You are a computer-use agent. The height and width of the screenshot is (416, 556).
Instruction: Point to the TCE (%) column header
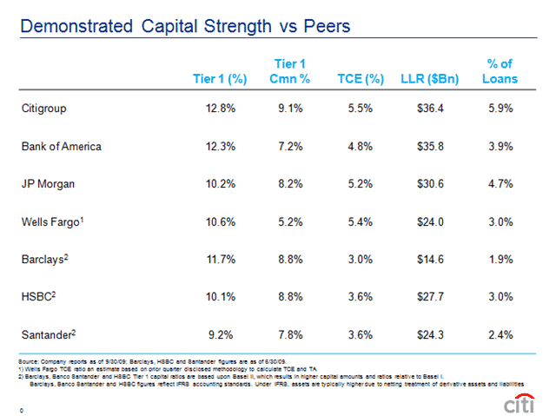pos(361,79)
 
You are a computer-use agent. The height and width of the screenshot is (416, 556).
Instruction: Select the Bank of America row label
pos(61,146)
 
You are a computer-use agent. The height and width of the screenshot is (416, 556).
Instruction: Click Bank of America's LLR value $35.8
pos(429,146)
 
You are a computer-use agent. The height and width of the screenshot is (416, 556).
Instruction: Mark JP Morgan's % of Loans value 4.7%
pos(500,183)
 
